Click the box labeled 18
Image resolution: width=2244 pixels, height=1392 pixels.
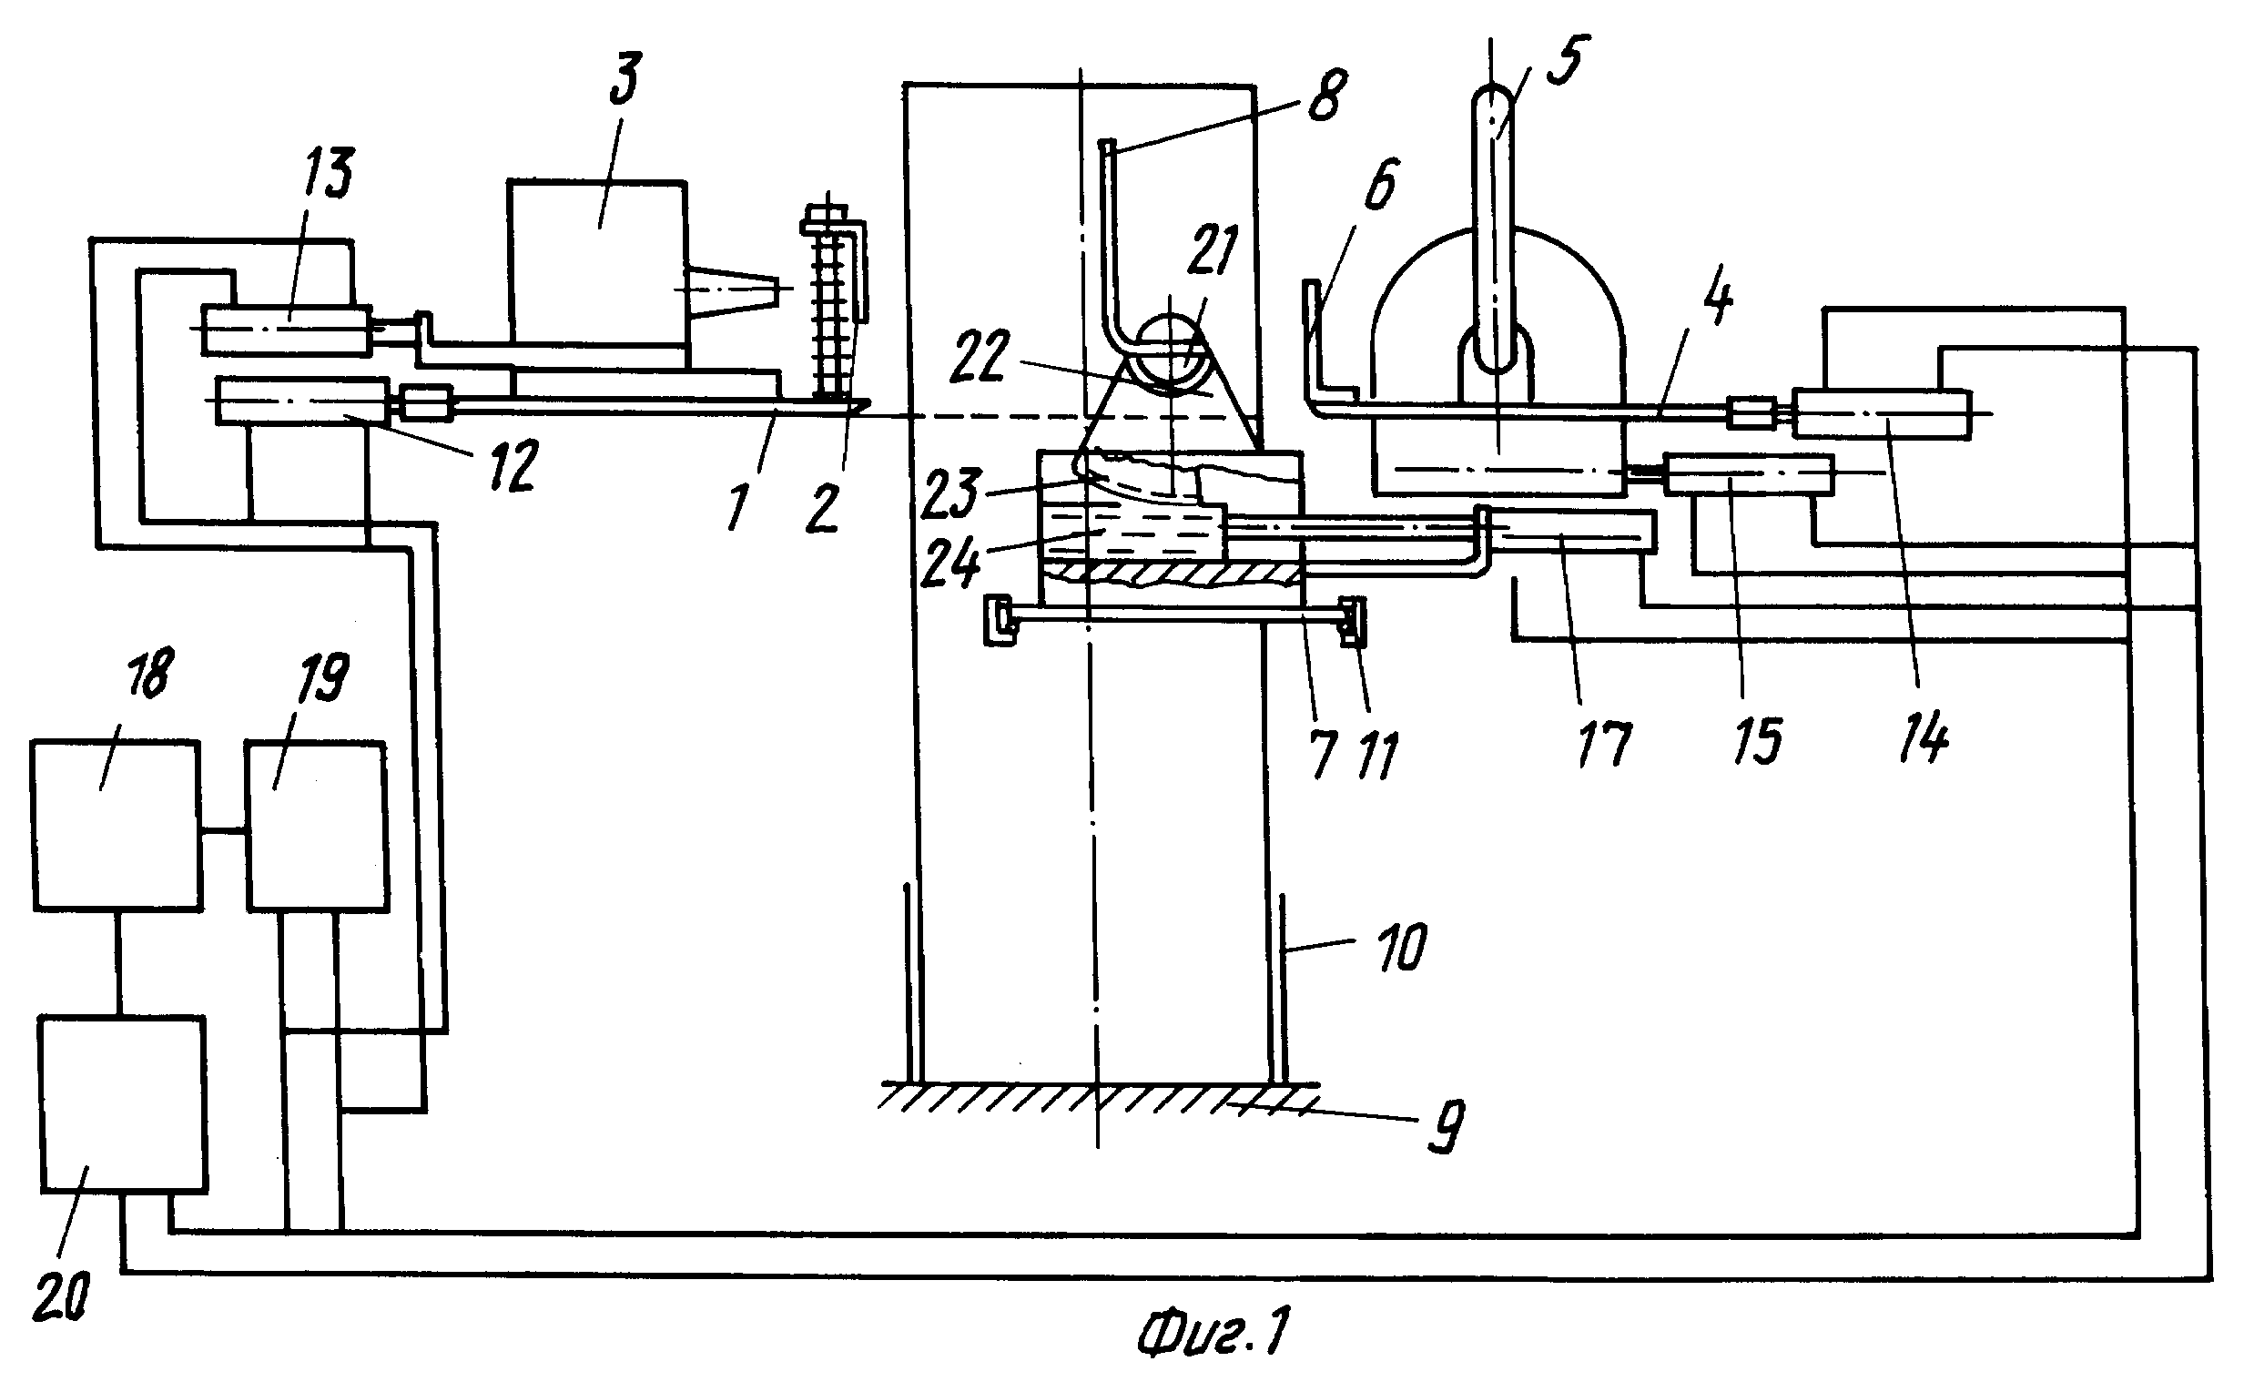click(116, 825)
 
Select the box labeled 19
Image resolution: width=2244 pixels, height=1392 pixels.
click(316, 825)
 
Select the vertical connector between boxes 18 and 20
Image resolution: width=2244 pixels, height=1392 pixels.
click(117, 964)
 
